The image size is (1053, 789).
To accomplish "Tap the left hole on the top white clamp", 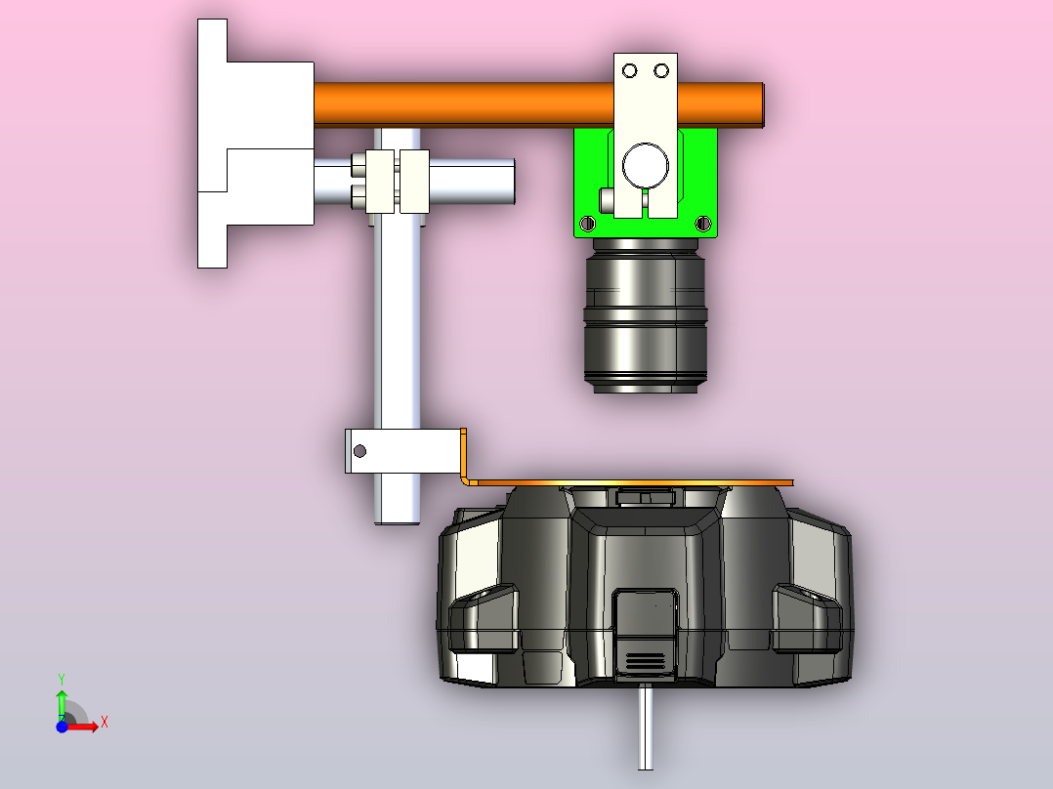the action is tap(629, 70).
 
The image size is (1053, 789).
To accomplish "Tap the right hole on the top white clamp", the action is tap(660, 70).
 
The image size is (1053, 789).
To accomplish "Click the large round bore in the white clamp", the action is tap(646, 166).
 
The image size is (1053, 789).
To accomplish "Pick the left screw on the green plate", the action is tap(587, 223).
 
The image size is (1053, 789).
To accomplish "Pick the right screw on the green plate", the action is tap(702, 223).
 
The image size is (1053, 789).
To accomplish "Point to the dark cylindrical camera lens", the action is tap(646, 315).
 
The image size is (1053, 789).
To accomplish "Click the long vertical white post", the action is tap(398, 322).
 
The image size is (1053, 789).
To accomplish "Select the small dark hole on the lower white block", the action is tap(359, 451).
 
